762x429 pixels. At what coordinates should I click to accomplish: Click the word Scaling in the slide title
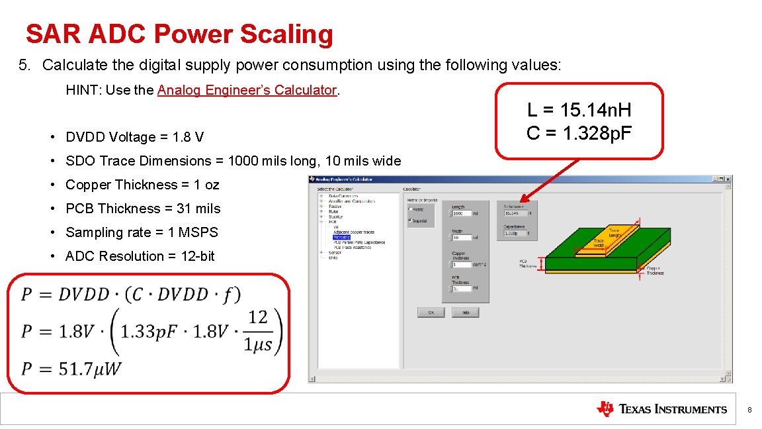[288, 34]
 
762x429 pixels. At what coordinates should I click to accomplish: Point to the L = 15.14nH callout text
[579, 110]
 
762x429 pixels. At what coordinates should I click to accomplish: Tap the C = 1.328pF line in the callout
[579, 133]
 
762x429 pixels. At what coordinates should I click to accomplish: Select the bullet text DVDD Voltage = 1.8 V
[135, 137]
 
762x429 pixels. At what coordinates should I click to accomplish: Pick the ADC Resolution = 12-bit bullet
[140, 256]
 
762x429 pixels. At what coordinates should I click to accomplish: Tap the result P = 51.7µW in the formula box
[71, 368]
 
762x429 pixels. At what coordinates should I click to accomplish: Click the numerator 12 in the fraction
[258, 317]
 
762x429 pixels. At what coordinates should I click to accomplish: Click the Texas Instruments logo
[661, 409]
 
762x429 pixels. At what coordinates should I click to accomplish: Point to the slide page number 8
[749, 410]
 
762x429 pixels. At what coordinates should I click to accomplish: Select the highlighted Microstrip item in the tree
[341, 237]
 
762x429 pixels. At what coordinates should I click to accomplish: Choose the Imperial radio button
[410, 220]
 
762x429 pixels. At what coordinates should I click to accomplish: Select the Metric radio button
[410, 209]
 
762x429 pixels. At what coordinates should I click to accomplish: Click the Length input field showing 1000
[461, 213]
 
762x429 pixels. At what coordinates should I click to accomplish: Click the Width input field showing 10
[461, 238]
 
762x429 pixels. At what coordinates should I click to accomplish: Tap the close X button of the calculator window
[728, 179]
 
